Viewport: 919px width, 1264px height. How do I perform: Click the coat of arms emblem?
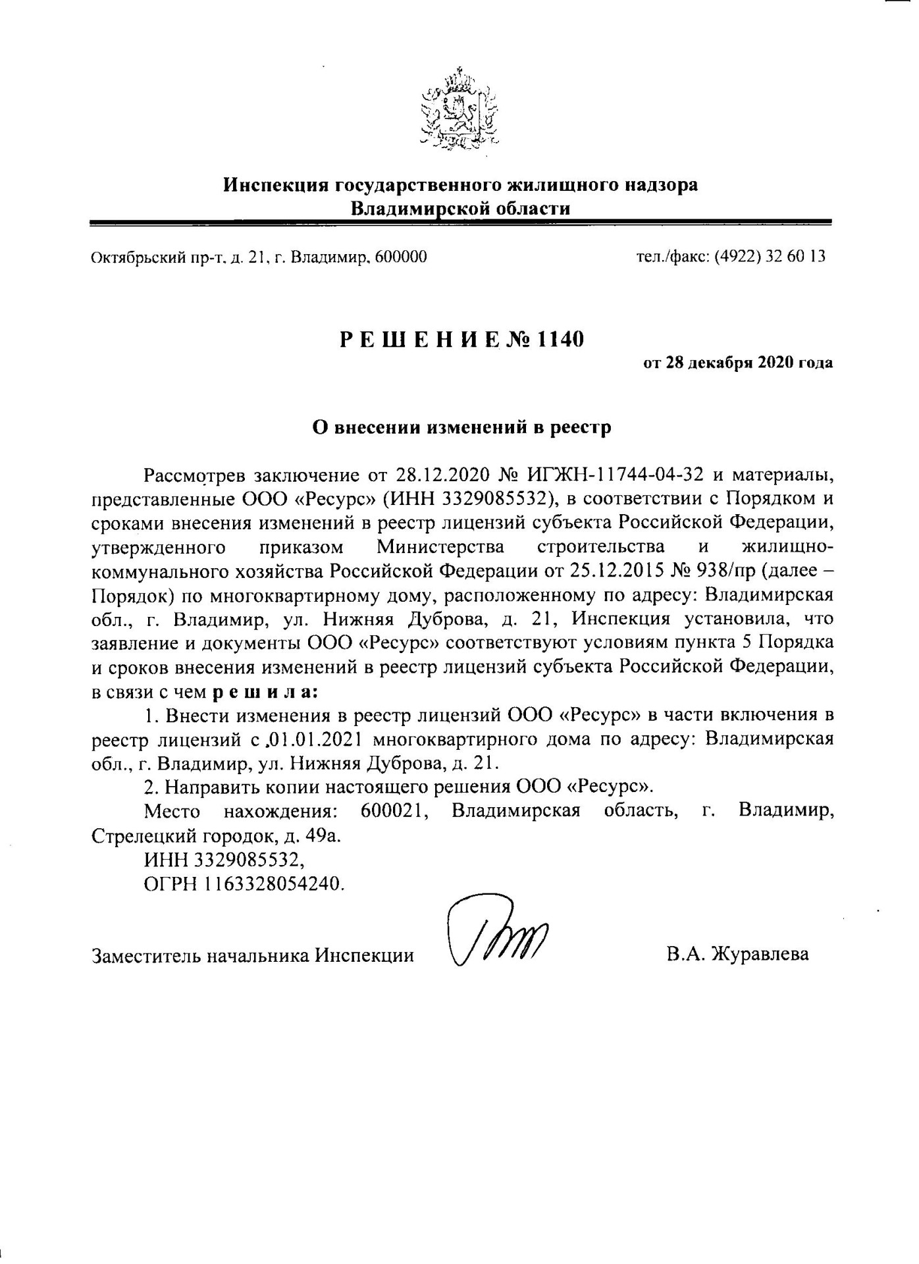[459, 107]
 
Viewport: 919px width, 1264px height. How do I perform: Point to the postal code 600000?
[400, 256]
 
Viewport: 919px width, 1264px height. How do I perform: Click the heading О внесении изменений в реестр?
[461, 427]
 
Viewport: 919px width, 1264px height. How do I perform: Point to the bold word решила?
[266, 691]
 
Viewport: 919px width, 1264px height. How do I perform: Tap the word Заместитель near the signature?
[145, 954]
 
